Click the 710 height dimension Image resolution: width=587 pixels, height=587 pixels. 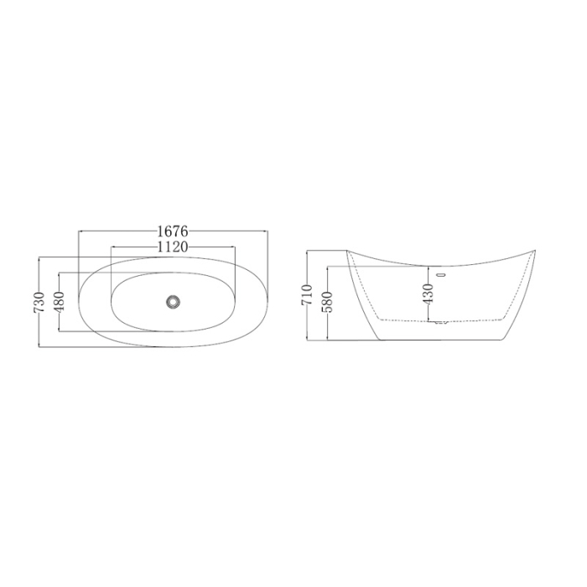click(x=308, y=294)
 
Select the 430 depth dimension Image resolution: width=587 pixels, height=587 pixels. click(x=429, y=293)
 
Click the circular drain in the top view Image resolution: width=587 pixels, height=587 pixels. click(x=174, y=301)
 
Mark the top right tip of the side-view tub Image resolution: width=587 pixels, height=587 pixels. click(x=534, y=250)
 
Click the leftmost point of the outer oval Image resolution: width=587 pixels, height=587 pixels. click(x=77, y=302)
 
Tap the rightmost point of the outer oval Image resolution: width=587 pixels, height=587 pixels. click(x=268, y=302)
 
